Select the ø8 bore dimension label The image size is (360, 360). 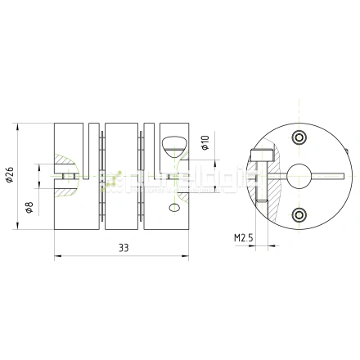[x=29, y=205]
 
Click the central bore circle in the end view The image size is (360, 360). [x=295, y=173]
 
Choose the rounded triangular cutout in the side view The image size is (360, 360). [x=173, y=145]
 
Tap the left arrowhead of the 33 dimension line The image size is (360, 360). [x=56, y=256]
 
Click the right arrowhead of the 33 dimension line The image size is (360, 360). [x=187, y=256]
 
